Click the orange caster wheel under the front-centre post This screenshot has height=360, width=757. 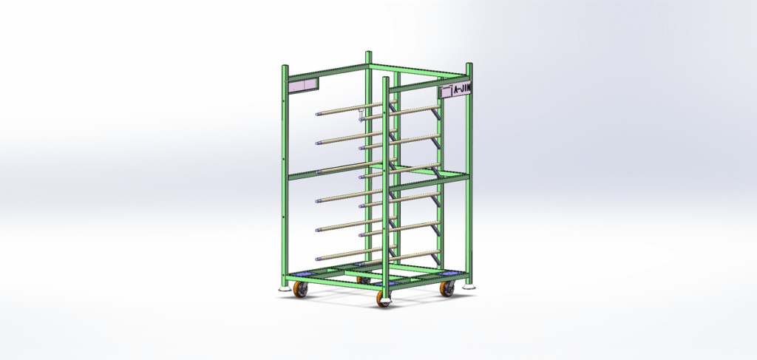[383, 299]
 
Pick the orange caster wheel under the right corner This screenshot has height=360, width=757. [447, 289]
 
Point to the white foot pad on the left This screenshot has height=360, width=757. [285, 288]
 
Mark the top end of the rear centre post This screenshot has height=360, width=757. [368, 54]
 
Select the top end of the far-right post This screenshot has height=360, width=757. [469, 66]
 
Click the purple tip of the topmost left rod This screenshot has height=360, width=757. [318, 115]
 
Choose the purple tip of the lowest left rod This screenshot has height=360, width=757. [318, 258]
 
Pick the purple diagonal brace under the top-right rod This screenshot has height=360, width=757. [438, 118]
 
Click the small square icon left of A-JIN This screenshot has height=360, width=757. [445, 92]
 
